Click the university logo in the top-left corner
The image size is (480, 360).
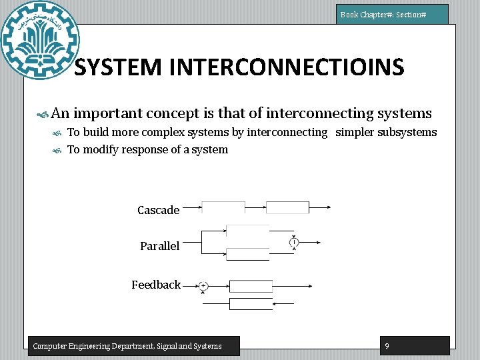[40, 40]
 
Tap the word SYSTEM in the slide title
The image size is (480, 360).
[117, 67]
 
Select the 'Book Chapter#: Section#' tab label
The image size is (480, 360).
[392, 14]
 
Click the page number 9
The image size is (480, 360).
[387, 345]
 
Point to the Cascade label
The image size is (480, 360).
[158, 210]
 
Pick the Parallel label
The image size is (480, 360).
[159, 246]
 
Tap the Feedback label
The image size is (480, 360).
[155, 285]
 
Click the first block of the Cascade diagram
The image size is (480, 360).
[223, 207]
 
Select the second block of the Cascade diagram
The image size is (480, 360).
[287, 207]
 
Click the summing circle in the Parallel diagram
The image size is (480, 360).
[293, 242]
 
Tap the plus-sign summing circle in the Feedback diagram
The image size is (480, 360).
[203, 286]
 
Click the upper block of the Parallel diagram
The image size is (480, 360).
[247, 231]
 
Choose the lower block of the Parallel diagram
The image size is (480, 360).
[247, 253]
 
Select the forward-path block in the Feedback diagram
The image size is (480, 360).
[251, 286]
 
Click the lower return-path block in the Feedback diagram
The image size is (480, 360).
[251, 304]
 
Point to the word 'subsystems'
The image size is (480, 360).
[407, 132]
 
